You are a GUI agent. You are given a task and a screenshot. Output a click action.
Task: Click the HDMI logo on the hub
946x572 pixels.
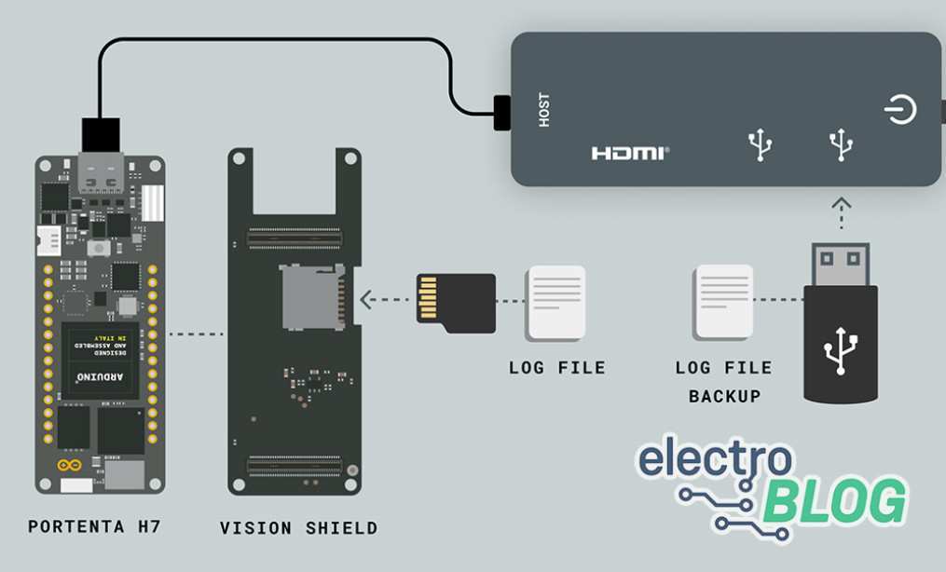coord(629,153)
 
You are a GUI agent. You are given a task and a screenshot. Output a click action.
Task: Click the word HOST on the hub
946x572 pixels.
coord(544,110)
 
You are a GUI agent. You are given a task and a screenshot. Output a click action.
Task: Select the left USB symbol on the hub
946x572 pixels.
coord(761,144)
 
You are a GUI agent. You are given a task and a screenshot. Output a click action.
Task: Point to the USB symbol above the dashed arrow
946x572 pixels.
coord(841,144)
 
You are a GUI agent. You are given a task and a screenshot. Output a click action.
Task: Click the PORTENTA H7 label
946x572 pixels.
coord(94,526)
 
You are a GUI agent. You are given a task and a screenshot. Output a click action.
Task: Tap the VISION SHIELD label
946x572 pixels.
coord(298,528)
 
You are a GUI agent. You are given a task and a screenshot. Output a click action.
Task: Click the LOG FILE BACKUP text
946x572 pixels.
coord(724,382)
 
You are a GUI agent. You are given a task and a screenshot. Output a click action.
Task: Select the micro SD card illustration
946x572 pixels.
coord(456,302)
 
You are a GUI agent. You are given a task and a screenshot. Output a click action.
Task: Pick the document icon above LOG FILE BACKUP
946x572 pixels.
coord(723,302)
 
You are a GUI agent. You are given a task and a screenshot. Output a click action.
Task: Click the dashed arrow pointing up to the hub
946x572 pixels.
coord(841,211)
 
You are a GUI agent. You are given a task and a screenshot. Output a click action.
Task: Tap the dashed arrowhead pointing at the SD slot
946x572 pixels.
coord(366,300)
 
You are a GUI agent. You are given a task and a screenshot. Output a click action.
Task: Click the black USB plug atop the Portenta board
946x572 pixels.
coord(101,134)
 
